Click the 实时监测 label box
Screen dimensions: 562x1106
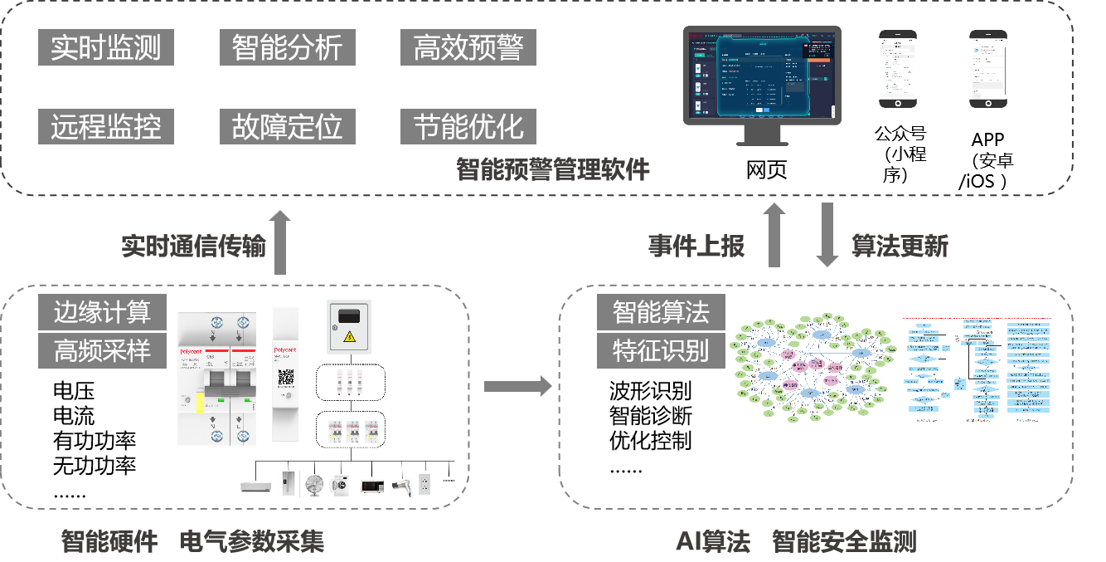pyautogui.click(x=106, y=48)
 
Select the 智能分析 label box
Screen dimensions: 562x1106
pyautogui.click(x=287, y=48)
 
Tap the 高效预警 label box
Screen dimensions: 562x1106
pyautogui.click(x=468, y=48)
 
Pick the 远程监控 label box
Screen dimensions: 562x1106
pyautogui.click(x=106, y=127)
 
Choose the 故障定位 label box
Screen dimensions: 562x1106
pyautogui.click(x=287, y=127)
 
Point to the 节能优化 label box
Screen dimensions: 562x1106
pyautogui.click(x=468, y=127)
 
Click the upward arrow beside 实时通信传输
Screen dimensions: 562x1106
pyautogui.click(x=280, y=242)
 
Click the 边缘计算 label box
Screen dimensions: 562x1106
pyautogui.click(x=103, y=312)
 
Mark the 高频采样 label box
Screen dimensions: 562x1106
pyautogui.click(x=103, y=350)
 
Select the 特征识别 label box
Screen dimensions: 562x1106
pyautogui.click(x=661, y=350)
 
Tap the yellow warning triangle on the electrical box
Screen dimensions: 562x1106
pyautogui.click(x=350, y=336)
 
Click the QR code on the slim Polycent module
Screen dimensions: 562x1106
pyautogui.click(x=286, y=375)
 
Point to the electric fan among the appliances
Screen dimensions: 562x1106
pyautogui.click(x=314, y=486)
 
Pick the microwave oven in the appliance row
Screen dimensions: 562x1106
pyautogui.click(x=371, y=486)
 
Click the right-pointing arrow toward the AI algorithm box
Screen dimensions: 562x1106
pyautogui.click(x=518, y=385)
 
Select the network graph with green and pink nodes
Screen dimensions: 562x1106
pyautogui.click(x=813, y=367)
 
